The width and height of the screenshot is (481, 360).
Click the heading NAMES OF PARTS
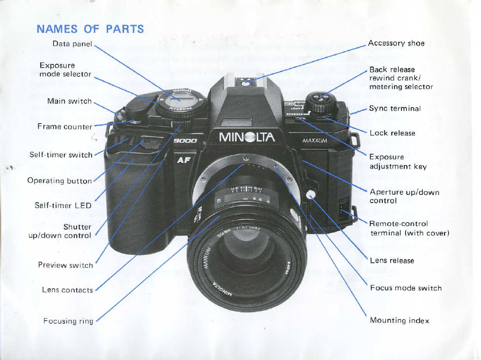90,29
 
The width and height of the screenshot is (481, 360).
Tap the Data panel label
72,43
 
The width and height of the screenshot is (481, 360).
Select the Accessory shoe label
396,43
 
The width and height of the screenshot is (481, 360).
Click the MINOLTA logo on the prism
247,138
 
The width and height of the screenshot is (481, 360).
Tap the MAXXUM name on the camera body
315,142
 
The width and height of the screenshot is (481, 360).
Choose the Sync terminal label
395,108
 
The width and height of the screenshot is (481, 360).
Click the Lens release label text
392,261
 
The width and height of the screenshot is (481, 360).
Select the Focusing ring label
68,321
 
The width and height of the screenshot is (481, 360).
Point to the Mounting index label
399,321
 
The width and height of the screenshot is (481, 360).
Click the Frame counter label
64,127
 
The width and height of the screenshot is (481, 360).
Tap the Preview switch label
65,265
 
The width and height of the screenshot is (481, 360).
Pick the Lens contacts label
67,290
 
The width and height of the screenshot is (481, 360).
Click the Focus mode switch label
406,288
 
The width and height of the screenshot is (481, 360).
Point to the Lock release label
392,133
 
